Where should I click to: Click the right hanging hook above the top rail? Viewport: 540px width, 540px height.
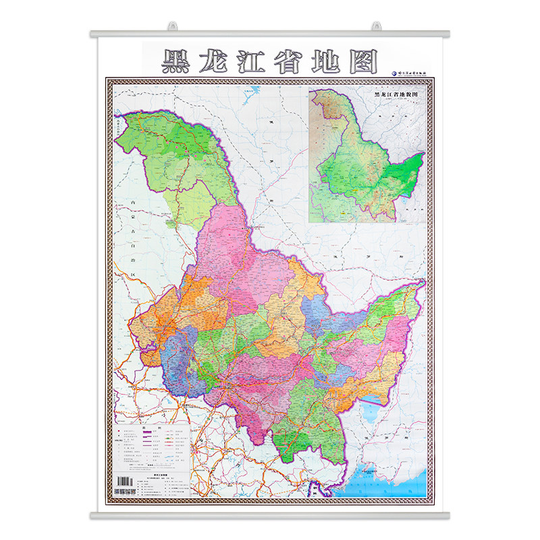point(375,26)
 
